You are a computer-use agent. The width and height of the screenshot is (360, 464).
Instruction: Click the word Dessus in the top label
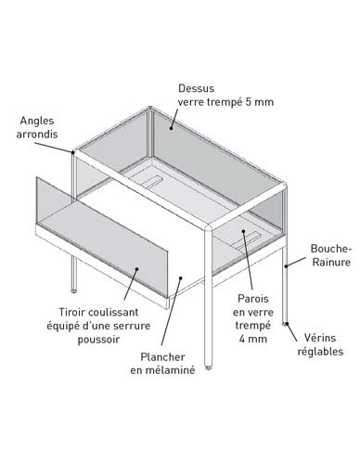(196, 88)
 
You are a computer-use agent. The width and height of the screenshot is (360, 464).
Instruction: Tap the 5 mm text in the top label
(260, 102)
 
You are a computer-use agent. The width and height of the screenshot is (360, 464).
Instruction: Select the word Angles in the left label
(37, 121)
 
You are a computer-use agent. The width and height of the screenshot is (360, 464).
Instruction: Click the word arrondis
(37, 135)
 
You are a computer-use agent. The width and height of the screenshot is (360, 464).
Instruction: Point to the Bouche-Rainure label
(331, 255)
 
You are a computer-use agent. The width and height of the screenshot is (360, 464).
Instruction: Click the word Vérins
(320, 338)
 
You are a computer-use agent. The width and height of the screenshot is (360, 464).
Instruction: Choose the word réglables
(320, 352)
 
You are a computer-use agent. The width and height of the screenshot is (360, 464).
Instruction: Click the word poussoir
(98, 340)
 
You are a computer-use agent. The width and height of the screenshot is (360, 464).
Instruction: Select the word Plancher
(162, 357)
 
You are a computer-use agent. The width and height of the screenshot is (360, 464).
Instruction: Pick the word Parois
(253, 299)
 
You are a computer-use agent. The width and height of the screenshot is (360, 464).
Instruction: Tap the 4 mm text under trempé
(252, 339)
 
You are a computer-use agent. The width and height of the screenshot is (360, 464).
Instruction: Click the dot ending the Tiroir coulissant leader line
(136, 269)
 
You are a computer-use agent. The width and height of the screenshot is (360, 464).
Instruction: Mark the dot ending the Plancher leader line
(180, 277)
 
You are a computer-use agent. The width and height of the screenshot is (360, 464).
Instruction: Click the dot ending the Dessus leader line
(171, 127)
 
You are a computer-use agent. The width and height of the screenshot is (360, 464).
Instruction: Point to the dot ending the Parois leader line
(243, 231)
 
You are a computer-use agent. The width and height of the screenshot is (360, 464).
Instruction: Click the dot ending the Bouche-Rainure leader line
(286, 265)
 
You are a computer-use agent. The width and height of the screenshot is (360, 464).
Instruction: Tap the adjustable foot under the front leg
(209, 367)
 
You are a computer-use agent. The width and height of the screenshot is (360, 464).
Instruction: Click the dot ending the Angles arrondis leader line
(73, 152)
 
